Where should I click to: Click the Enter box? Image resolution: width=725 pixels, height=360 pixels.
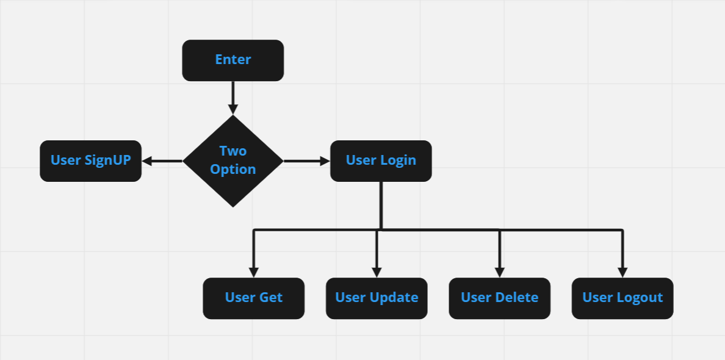tap(233, 60)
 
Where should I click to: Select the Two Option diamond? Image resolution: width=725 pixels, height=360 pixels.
tap(233, 160)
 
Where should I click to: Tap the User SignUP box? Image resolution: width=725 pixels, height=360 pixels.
tap(90, 160)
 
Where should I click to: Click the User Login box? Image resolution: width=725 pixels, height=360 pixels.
tap(381, 160)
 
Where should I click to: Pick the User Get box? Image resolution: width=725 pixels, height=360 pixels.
tap(253, 298)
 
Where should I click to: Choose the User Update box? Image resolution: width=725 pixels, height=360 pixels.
tap(377, 298)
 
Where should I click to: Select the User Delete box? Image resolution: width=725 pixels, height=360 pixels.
tap(499, 298)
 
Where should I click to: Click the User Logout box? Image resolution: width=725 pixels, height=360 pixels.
tap(622, 298)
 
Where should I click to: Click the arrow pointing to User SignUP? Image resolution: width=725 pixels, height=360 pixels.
tap(162, 161)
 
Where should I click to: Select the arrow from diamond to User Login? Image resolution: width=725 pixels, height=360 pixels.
tap(306, 161)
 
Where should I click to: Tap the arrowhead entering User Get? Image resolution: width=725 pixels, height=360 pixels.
tap(254, 272)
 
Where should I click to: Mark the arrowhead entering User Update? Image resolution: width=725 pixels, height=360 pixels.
tap(377, 272)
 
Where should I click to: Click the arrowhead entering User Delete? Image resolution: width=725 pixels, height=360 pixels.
tap(500, 272)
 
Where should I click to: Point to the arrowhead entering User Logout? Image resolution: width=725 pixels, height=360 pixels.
tap(622, 272)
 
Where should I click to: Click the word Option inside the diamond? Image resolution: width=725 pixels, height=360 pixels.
tap(233, 170)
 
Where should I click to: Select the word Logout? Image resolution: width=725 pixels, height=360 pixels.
tap(640, 298)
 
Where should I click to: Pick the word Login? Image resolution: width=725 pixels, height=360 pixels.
tap(398, 160)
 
